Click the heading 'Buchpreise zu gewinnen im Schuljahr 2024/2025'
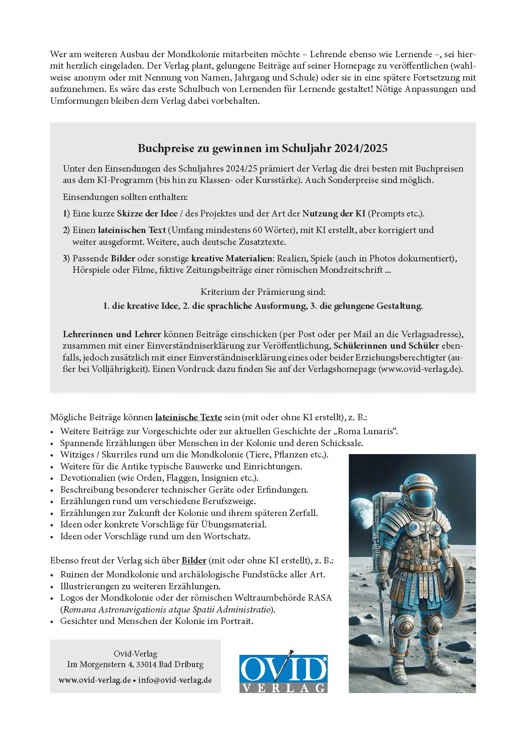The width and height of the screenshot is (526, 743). [x=263, y=148]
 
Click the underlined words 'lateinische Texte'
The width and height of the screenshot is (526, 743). [x=189, y=417]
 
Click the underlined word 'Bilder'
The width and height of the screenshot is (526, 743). [x=194, y=560]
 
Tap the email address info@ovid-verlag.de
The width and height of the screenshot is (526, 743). [x=175, y=680]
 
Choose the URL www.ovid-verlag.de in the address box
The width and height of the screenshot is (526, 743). [x=95, y=680]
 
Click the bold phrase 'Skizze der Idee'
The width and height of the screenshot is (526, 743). [x=147, y=213]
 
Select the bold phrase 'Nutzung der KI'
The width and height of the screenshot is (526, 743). [x=334, y=213]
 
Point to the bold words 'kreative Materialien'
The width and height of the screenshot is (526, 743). [x=231, y=258]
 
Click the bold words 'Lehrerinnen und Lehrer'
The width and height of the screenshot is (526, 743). [x=112, y=334]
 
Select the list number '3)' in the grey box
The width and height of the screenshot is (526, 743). [x=66, y=258]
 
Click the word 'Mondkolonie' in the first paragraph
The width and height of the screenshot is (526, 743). [x=193, y=54]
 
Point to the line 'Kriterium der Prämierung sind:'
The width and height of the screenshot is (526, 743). [x=263, y=292]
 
